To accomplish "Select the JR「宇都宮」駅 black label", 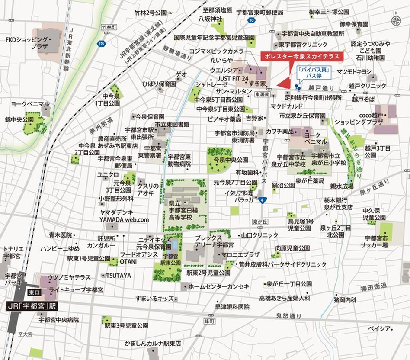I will click(32, 306).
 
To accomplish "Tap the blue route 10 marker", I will click(251, 20).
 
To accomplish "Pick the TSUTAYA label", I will click(116, 275).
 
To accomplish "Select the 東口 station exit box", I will click(34, 293).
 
